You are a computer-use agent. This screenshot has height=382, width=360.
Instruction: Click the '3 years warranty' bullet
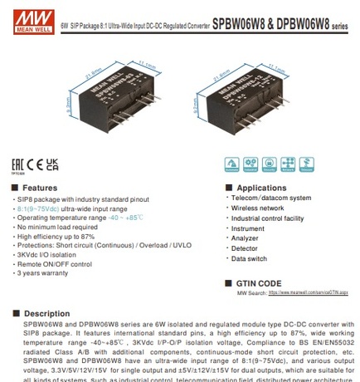tap(42, 272)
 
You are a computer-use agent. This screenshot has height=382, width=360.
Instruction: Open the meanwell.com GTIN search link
tap(307, 293)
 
